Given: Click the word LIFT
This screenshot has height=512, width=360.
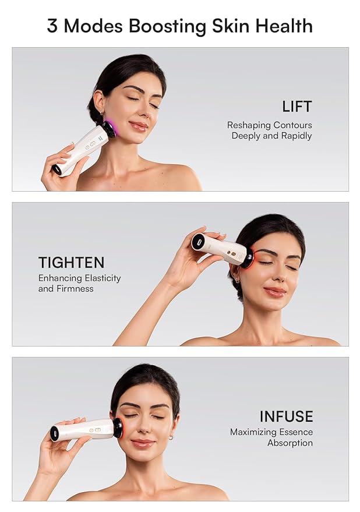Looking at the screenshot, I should coord(297,107).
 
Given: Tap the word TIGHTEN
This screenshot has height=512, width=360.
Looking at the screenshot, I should coord(71,262).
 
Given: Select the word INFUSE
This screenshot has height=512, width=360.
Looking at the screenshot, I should coord(286,416).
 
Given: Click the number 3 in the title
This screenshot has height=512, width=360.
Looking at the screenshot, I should coord(52,26).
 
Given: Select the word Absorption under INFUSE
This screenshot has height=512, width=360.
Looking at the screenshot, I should coord(290,443).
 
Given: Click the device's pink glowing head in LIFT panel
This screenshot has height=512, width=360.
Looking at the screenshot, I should coord(110,128).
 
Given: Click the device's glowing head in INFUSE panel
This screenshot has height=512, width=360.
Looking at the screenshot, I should coord(119,428).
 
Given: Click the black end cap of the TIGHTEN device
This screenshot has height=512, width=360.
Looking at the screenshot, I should coord(198,241).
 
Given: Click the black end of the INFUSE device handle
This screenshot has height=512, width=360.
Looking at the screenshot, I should coord(55,433).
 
